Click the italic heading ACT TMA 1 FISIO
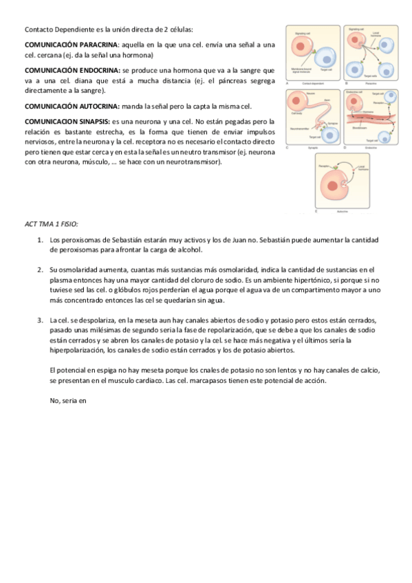pos(51,223)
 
